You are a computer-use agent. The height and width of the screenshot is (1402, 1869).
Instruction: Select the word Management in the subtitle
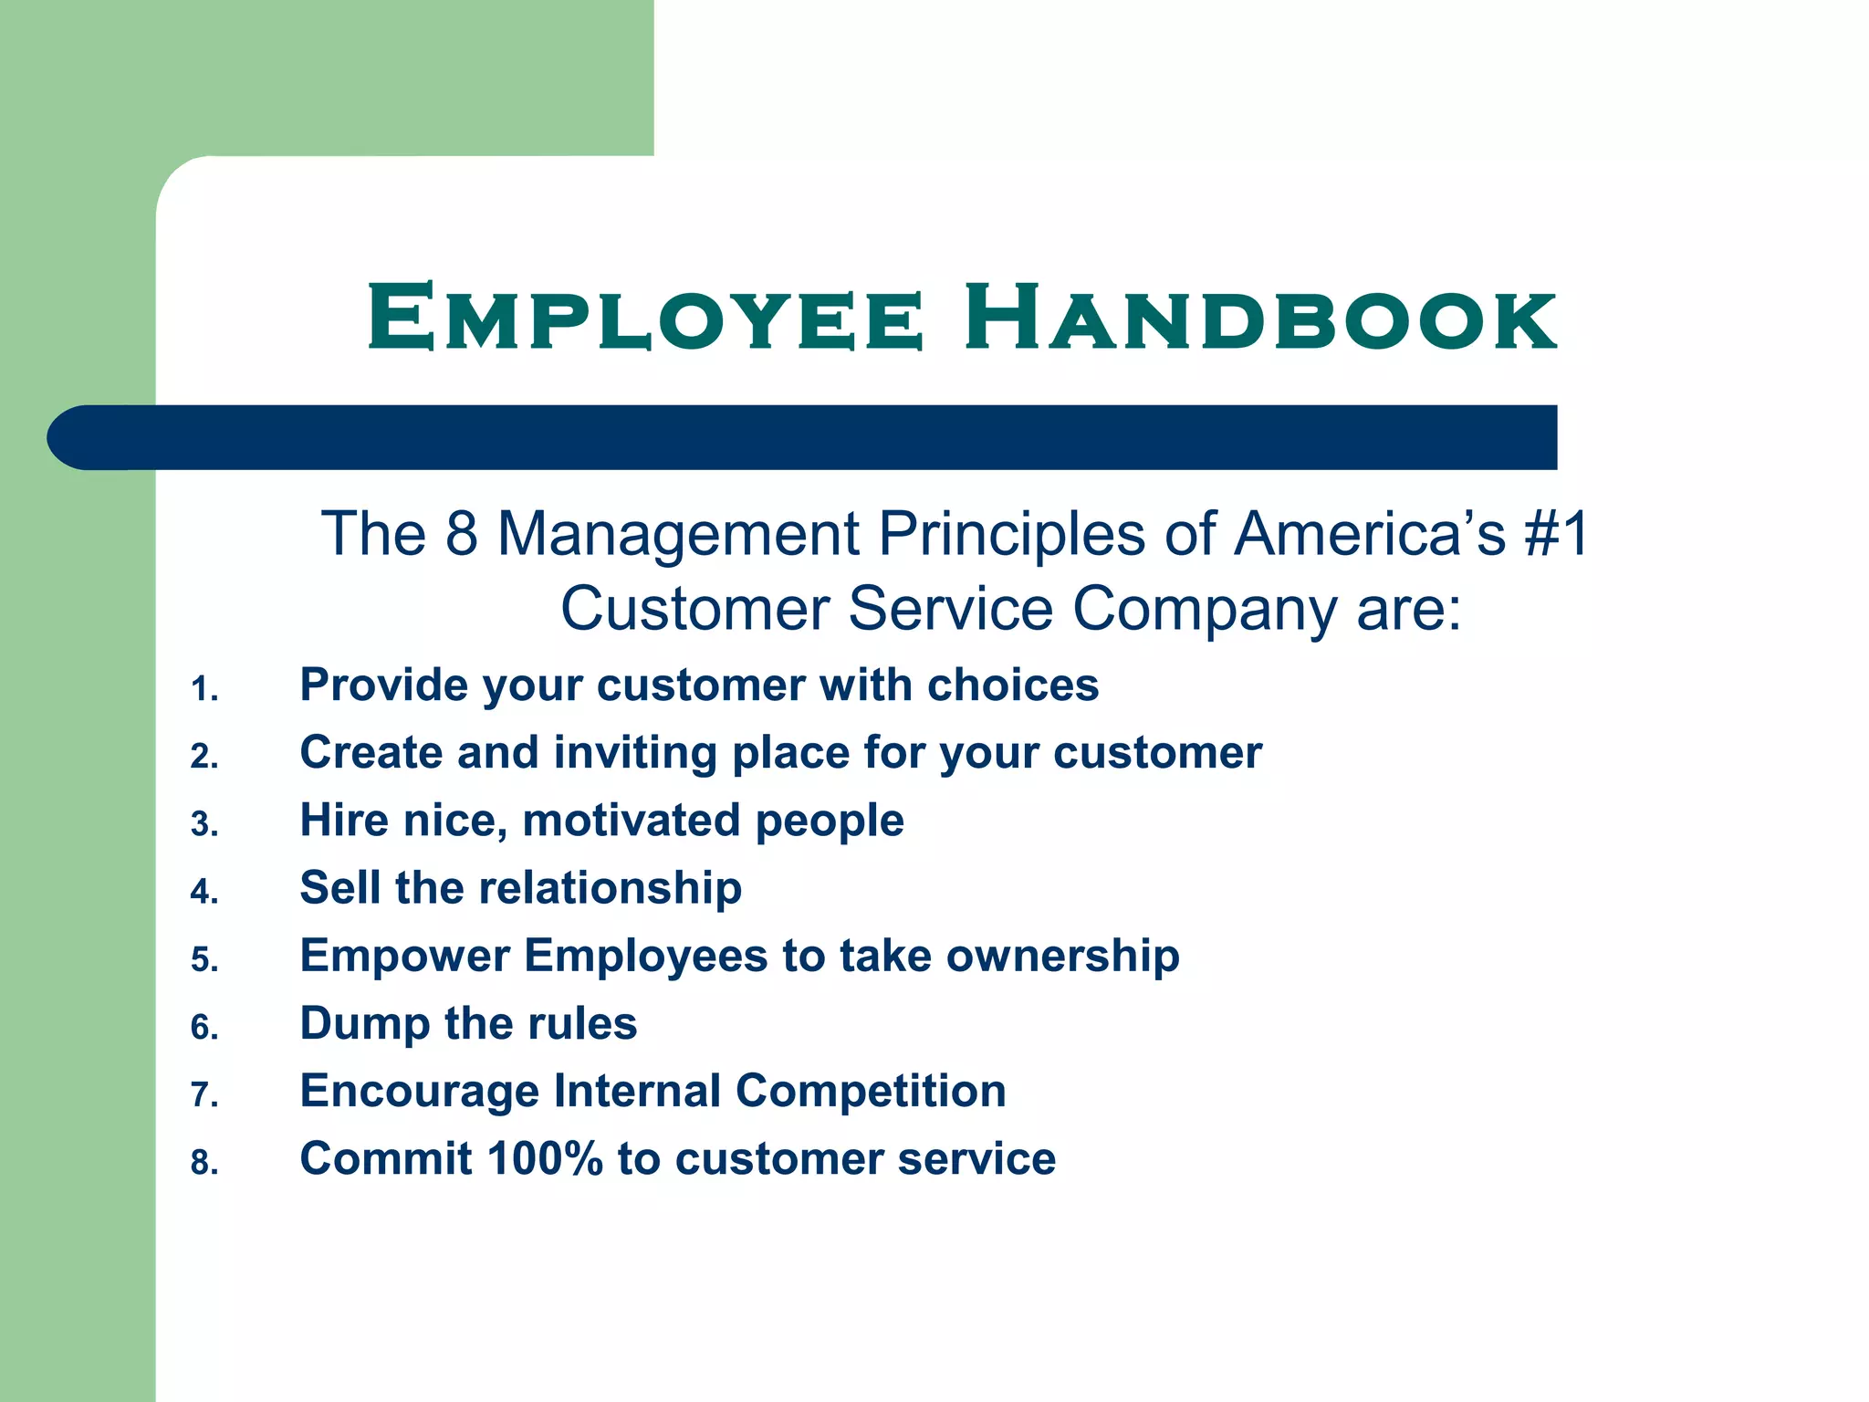[x=678, y=534]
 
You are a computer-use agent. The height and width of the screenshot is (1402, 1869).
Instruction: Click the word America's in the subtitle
[x=1369, y=534]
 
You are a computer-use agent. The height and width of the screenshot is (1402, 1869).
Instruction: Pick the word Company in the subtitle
[x=1205, y=610]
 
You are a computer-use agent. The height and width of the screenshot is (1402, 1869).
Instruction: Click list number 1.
[x=204, y=689]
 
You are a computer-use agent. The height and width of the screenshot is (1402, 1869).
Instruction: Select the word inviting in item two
[x=635, y=753]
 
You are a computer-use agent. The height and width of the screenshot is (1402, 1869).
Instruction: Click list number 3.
[x=204, y=824]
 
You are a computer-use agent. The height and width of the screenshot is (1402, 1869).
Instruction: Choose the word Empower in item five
[x=404, y=957]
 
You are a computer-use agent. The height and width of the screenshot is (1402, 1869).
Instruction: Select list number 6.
[x=204, y=1028]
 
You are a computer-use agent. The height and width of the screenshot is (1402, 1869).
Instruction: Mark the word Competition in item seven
[x=871, y=1091]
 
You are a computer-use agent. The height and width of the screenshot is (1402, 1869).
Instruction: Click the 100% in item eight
[x=545, y=1159]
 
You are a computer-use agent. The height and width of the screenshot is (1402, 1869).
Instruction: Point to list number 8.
[x=204, y=1163]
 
